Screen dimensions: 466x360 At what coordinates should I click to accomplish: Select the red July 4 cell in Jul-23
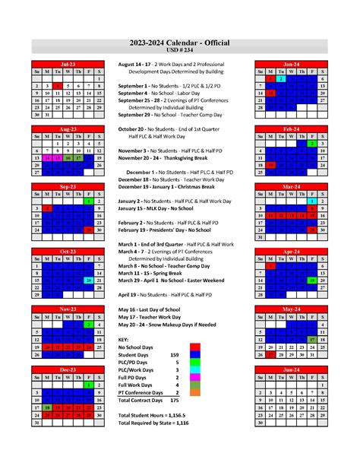(x=58, y=86)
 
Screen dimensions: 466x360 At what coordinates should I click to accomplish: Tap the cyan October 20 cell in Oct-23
(x=89, y=280)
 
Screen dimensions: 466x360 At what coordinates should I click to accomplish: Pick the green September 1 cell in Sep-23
(x=89, y=201)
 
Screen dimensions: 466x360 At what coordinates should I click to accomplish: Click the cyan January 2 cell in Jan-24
(x=280, y=78)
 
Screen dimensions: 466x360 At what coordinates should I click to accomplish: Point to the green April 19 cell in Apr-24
(x=311, y=281)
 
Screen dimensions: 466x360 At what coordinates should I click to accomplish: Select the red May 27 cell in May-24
(x=270, y=353)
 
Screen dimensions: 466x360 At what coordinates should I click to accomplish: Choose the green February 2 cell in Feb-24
(x=311, y=143)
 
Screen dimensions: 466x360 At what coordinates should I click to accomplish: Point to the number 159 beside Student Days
(x=175, y=355)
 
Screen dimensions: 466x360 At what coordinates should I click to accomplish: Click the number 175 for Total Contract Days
(x=175, y=399)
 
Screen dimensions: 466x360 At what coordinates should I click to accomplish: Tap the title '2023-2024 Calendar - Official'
(x=179, y=43)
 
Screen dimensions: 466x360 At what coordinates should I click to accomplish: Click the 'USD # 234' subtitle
(x=179, y=50)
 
